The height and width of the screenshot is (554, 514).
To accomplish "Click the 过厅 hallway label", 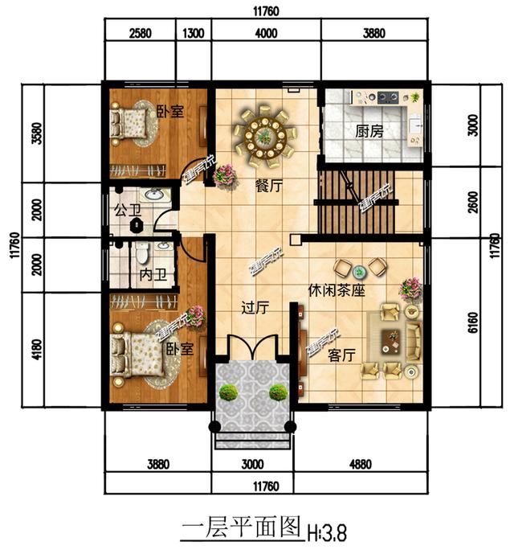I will [255, 306].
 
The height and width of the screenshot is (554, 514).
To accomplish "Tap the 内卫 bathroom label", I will [152, 275].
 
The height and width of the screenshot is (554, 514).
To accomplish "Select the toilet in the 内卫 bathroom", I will [142, 254].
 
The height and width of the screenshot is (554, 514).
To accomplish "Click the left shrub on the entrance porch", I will [229, 392].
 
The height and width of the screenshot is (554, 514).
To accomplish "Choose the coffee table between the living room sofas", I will [391, 342].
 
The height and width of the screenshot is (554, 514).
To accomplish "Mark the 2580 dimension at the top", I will [140, 33].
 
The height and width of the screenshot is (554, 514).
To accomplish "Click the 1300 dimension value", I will [193, 33].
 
